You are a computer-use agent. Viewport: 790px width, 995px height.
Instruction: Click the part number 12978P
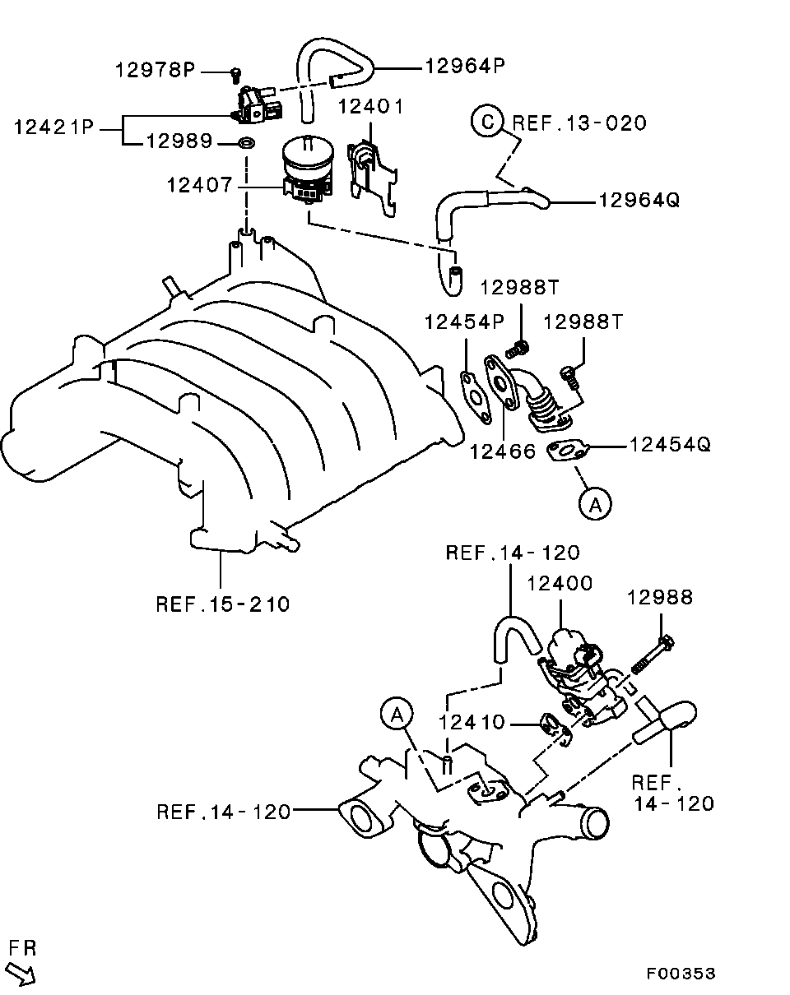point(155,71)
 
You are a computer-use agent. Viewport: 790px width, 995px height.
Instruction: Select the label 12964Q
point(639,200)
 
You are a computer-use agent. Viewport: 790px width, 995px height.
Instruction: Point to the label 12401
point(369,108)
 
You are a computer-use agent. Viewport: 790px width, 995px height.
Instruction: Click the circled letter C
point(487,123)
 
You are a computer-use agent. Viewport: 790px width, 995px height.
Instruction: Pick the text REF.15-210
point(222,604)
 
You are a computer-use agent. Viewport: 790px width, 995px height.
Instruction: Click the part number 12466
point(503,451)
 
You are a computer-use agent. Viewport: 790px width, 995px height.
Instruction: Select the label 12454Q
point(670,445)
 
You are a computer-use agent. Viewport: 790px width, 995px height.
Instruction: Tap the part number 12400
point(560,584)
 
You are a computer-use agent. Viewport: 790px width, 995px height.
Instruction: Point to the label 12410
point(472,723)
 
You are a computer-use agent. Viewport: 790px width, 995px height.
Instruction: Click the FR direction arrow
point(21,975)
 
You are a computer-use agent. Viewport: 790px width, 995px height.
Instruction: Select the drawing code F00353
point(681,974)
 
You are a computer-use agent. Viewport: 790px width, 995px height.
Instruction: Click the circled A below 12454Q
point(595,502)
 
